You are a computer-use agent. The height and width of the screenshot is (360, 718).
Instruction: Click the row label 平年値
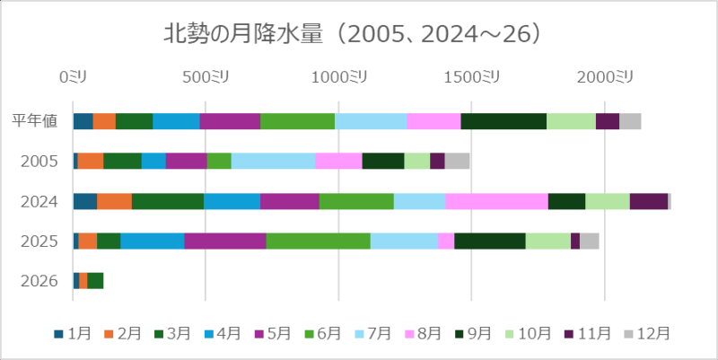[x=35, y=121]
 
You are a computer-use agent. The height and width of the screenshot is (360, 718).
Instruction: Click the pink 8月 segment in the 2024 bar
[x=496, y=201]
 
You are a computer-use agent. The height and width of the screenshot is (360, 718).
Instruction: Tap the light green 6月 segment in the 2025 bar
[x=318, y=241]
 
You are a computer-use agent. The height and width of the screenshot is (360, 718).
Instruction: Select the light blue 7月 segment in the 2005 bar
[x=273, y=162]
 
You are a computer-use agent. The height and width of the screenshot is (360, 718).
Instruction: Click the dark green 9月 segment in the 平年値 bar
[x=503, y=121]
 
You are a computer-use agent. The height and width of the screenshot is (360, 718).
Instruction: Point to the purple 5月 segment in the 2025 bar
[x=224, y=241]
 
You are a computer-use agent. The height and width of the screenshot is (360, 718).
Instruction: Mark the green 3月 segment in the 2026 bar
[x=95, y=281]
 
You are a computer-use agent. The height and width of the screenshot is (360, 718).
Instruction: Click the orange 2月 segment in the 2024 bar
[x=114, y=201]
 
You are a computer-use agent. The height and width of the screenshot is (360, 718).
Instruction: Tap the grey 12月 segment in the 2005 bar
[x=457, y=162]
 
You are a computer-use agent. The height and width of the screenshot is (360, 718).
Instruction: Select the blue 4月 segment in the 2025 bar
[x=152, y=241]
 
